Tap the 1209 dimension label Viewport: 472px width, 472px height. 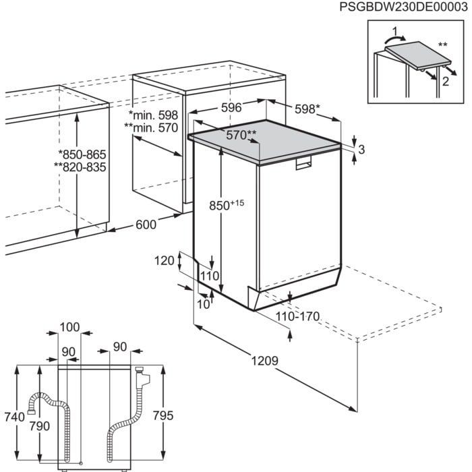coord(266,361)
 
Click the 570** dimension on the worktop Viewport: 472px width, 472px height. coord(241,136)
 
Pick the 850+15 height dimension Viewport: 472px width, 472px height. coord(225,203)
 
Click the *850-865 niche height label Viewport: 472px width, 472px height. coord(82,154)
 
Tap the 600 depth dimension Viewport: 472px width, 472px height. coord(148,225)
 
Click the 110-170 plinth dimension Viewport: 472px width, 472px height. coord(297,316)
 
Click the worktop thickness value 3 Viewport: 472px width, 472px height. coord(361,150)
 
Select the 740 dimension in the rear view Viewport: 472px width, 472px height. coord(13,418)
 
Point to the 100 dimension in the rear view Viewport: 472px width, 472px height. coord(69,327)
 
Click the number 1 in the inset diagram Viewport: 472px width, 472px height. coord(395,30)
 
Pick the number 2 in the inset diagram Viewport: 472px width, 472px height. coord(446,80)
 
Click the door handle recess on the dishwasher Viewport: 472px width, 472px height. coord(305,165)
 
